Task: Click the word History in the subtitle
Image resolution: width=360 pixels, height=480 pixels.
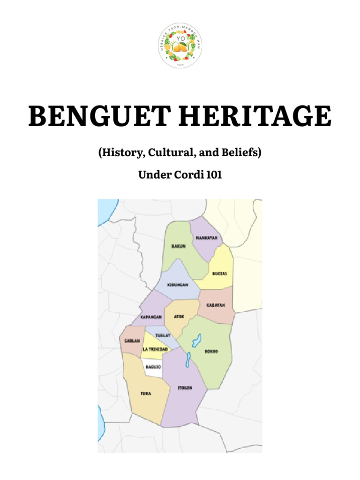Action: click(x=123, y=153)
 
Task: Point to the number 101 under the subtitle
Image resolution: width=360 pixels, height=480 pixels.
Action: click(x=214, y=175)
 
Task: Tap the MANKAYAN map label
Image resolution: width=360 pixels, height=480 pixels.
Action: click(x=206, y=238)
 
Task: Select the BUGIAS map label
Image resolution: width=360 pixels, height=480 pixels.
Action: click(x=219, y=273)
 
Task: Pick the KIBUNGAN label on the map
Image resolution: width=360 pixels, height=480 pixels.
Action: click(x=178, y=285)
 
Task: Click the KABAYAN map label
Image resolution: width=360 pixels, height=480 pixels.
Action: click(x=216, y=305)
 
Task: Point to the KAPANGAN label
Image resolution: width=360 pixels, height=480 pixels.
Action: click(x=151, y=317)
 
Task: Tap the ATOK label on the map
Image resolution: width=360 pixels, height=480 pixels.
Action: click(x=179, y=317)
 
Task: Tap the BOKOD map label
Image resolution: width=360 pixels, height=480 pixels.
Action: click(x=212, y=351)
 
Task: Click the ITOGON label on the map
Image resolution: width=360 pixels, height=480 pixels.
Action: click(x=185, y=388)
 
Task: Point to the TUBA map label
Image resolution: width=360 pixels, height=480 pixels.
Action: click(x=146, y=393)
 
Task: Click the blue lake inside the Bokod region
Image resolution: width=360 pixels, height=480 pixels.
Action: click(x=197, y=340)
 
